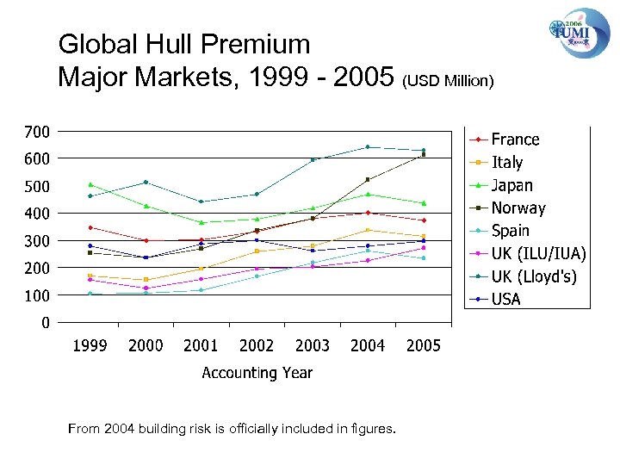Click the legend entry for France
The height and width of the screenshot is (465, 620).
click(515, 139)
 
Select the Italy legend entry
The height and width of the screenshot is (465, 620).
click(507, 162)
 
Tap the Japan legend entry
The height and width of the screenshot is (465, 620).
click(512, 185)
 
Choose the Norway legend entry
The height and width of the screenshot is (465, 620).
click(518, 208)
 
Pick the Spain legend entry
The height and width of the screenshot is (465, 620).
click(510, 231)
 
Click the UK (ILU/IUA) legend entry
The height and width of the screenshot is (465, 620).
click(538, 253)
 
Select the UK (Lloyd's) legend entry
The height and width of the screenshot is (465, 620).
click(534, 276)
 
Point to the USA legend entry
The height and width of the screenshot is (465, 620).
click(506, 299)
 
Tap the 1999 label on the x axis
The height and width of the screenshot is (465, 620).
click(90, 346)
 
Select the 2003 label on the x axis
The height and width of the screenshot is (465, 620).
click(312, 346)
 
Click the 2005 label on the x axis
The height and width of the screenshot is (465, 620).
click(423, 346)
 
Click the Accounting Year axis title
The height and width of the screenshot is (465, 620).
click(257, 373)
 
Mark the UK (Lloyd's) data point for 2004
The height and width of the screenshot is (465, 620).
click(368, 147)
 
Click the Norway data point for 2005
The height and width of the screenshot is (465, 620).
click(423, 155)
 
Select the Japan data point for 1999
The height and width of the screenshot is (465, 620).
click(90, 184)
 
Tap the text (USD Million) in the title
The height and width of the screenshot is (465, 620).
click(448, 82)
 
